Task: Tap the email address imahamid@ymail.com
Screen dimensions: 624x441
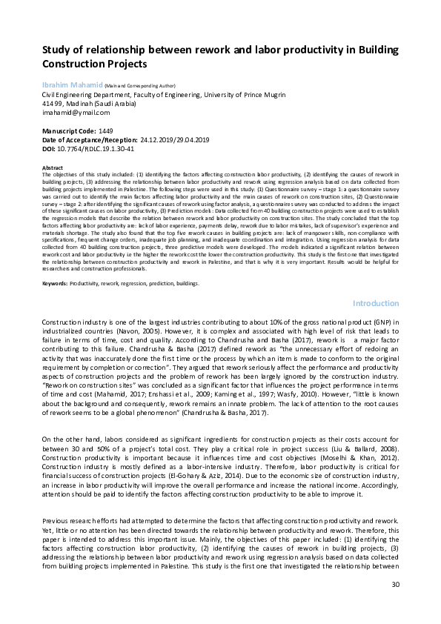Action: [75, 113]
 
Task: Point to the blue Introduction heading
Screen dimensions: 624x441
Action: [377, 303]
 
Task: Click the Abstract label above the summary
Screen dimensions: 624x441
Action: [52, 167]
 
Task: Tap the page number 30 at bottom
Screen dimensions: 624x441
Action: [395, 605]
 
